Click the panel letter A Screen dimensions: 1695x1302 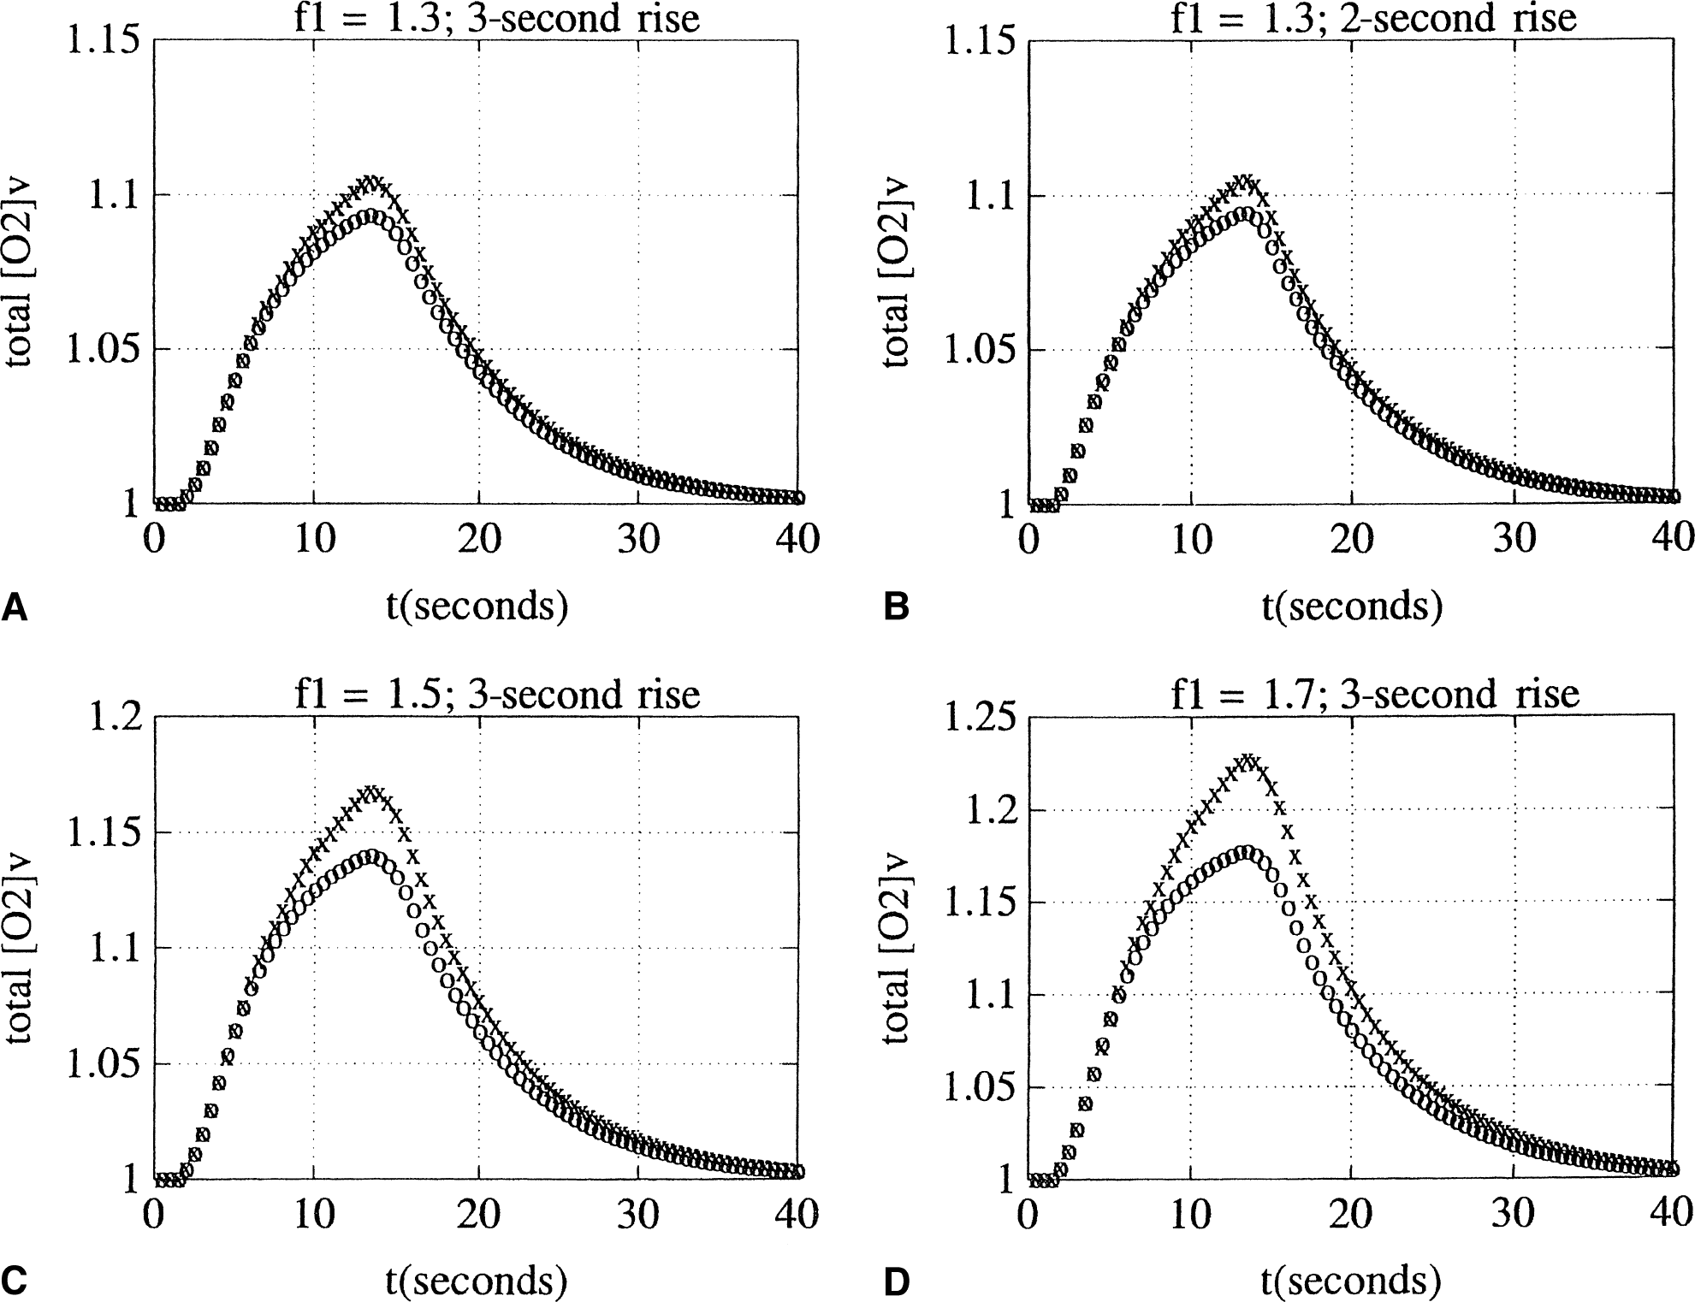[15, 608]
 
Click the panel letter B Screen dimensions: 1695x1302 [895, 608]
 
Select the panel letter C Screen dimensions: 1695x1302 [15, 1281]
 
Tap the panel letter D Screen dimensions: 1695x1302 [895, 1281]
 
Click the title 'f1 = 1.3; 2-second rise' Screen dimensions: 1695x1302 [1372, 18]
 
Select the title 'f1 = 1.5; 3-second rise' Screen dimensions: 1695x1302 [497, 694]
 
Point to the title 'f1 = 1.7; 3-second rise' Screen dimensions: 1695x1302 [1374, 694]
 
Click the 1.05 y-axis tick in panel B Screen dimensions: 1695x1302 [976, 351]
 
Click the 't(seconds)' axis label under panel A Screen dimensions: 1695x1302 [476, 607]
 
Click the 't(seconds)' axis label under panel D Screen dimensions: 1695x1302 [1351, 1281]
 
